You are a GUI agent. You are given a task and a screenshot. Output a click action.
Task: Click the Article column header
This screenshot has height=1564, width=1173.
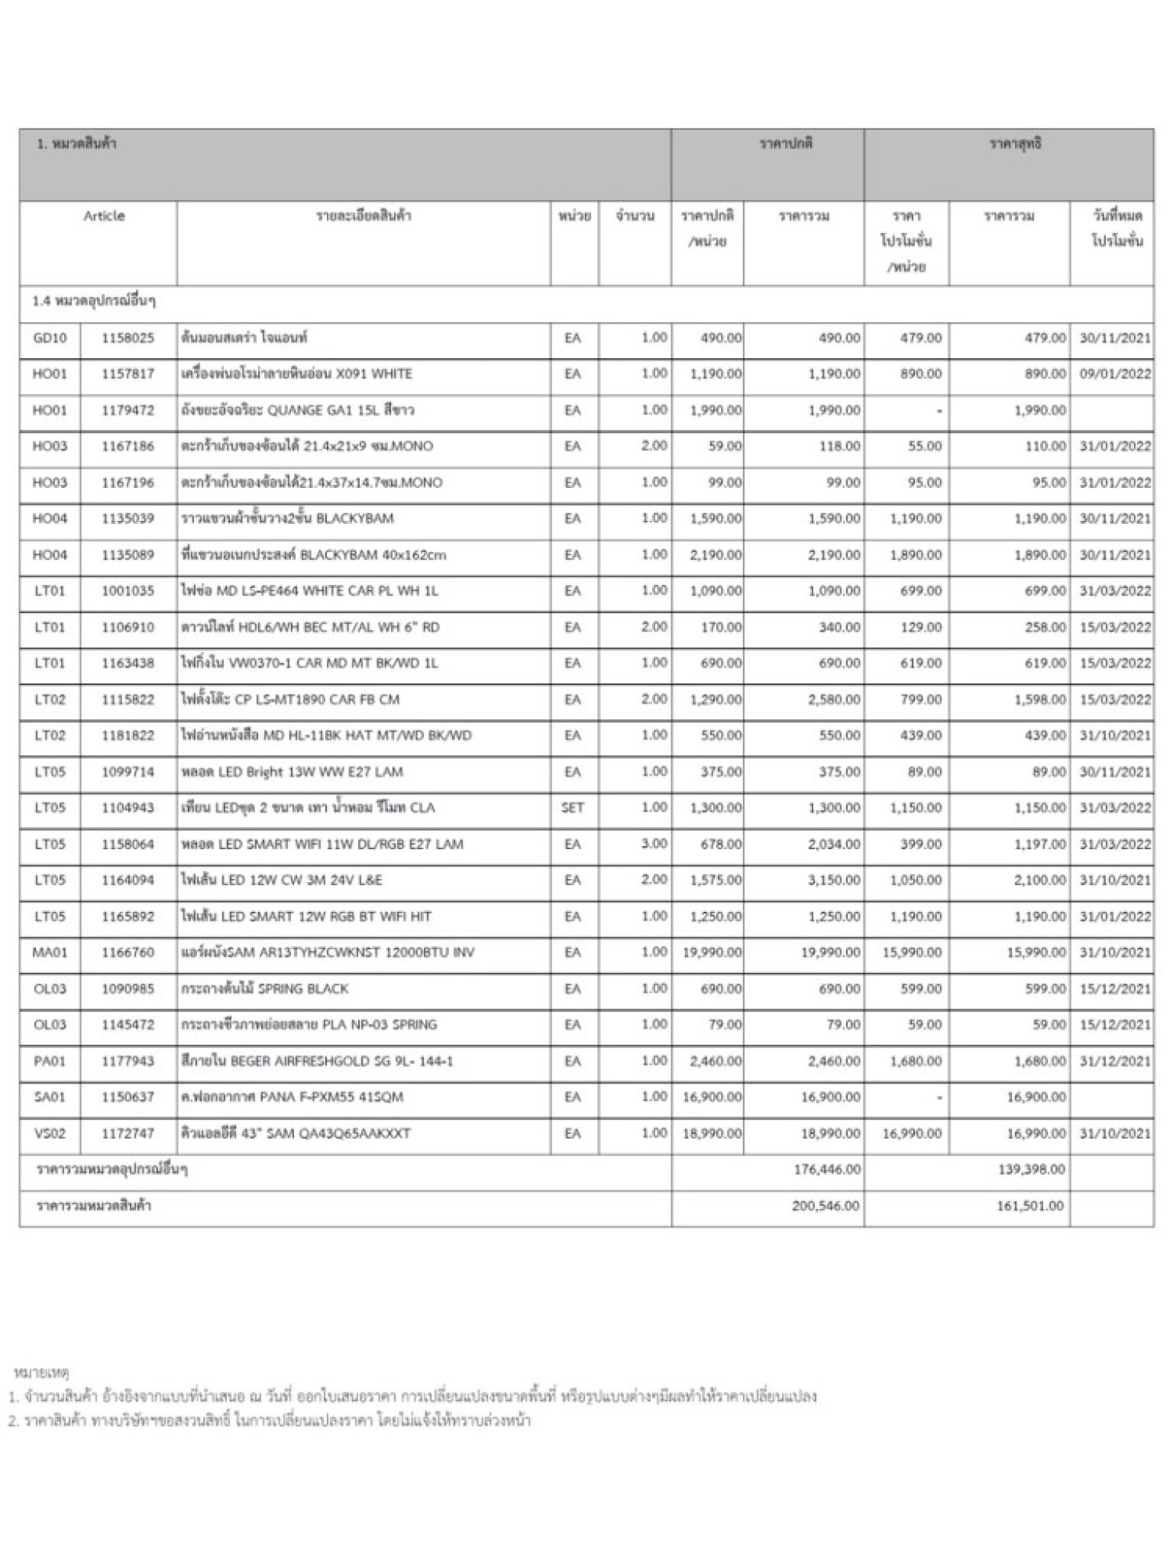[x=104, y=216]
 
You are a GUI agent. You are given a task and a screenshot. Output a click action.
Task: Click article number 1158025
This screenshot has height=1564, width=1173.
[x=128, y=338]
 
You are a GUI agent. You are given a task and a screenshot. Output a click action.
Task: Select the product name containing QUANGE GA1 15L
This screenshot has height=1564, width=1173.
[x=298, y=410]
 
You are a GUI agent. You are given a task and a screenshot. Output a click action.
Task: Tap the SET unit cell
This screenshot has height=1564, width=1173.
[x=572, y=807]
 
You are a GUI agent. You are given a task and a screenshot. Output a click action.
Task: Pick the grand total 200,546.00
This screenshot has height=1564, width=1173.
[x=826, y=1206]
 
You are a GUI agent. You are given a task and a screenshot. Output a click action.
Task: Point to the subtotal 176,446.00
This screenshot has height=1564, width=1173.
[x=827, y=1169]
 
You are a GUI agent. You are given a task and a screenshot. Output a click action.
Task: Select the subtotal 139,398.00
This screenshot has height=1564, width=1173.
[x=1031, y=1169]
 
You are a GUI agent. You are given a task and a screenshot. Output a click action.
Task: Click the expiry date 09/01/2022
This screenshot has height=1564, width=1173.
[x=1115, y=374]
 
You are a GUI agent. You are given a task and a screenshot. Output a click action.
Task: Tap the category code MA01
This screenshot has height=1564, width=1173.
[x=50, y=952]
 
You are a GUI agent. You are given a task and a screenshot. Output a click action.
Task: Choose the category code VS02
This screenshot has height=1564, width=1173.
[x=50, y=1133]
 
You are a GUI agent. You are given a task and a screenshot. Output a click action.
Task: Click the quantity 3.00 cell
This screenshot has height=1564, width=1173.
[x=654, y=844]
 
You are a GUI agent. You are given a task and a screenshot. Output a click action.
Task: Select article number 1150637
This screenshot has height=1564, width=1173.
[x=128, y=1097]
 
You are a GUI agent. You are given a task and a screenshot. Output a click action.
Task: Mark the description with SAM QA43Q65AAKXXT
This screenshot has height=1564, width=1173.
[x=296, y=1133]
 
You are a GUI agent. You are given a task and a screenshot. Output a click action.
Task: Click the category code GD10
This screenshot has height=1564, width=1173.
[x=50, y=338]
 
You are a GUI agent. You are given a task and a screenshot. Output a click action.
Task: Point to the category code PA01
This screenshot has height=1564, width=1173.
[x=50, y=1061]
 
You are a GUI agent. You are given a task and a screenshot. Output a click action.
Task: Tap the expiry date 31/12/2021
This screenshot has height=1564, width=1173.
[x=1115, y=1061]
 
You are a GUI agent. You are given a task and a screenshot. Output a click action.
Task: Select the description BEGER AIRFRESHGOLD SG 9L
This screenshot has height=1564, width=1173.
[x=317, y=1061]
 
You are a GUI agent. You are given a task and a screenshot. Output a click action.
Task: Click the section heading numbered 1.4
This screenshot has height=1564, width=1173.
[x=94, y=302]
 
